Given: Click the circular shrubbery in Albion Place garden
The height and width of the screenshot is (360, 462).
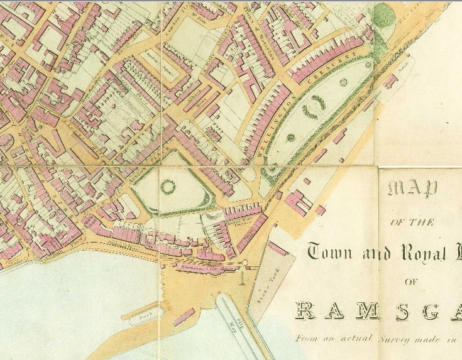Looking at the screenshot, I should (168, 187).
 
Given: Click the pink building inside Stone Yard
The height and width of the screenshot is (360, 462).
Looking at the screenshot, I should (278, 249).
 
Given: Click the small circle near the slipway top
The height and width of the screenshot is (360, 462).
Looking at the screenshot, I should (246, 263).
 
